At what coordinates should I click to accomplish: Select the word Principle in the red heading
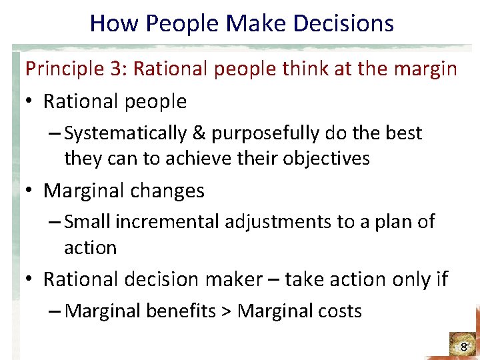(x=55, y=69)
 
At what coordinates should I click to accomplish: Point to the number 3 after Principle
(x=98, y=69)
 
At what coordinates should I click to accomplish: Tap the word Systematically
(x=126, y=133)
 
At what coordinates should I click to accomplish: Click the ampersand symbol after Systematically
(x=199, y=133)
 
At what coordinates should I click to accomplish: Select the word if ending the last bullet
(x=442, y=279)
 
